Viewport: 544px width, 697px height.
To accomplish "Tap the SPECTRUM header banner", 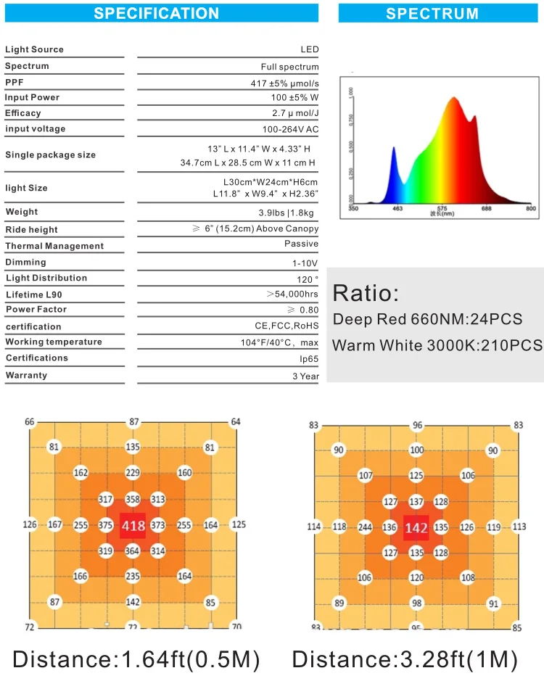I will click(x=432, y=13).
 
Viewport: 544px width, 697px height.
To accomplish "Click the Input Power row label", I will click(x=33, y=97).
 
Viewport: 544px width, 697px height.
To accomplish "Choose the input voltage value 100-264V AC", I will click(x=290, y=129).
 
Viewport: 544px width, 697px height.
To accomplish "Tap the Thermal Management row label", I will click(x=54, y=246).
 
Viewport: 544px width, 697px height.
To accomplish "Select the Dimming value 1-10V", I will click(x=305, y=263).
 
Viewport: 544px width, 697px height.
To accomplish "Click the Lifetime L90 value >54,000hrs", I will click(x=292, y=294).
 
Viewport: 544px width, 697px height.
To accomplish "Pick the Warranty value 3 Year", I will click(x=305, y=376).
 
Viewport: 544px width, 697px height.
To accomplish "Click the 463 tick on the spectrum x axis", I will click(x=397, y=209).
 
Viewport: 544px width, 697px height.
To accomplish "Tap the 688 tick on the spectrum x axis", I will click(x=487, y=209).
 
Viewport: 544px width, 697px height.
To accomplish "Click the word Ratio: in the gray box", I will click(x=366, y=294).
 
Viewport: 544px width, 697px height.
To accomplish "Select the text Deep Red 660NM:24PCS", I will click(x=427, y=319).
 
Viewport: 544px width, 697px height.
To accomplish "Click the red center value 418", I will click(x=133, y=526).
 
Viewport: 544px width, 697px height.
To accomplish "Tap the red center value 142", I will click(x=416, y=528).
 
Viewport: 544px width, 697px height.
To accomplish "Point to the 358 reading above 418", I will click(x=133, y=500).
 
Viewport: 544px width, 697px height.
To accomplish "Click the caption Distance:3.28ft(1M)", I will click(x=405, y=659).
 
